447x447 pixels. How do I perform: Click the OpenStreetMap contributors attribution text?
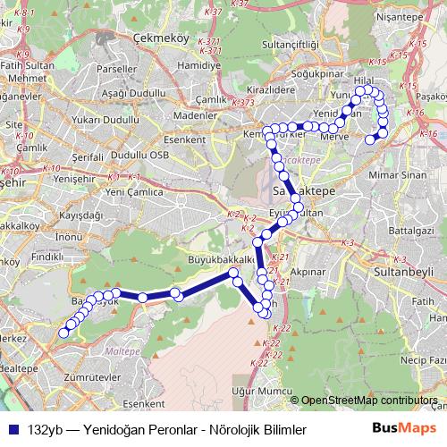click(369, 400)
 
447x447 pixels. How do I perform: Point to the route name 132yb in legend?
click(45, 429)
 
